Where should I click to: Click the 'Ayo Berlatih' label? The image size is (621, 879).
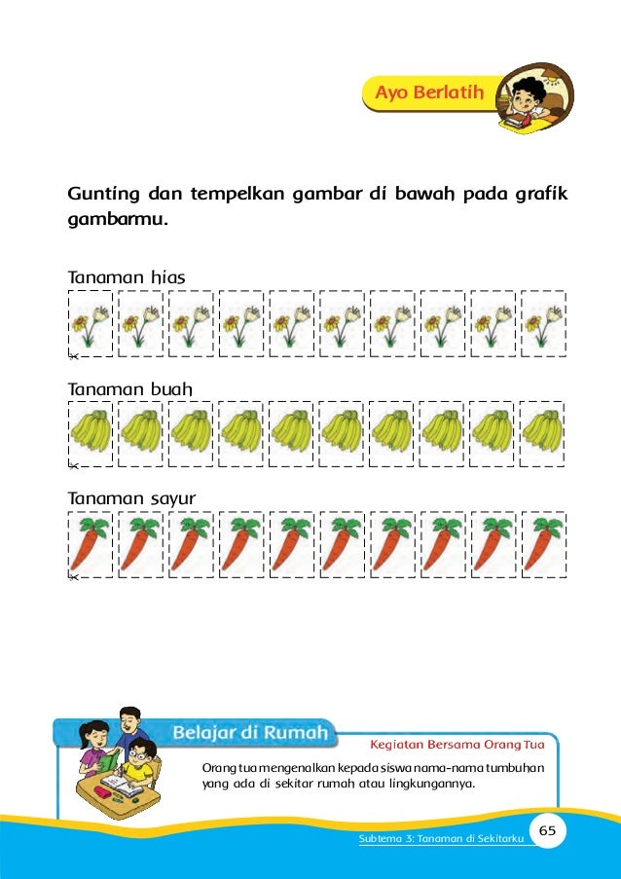434,92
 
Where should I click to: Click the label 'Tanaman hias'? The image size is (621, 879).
126,277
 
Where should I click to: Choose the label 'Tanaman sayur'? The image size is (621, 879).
131,498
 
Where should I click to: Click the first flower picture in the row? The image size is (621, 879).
91,325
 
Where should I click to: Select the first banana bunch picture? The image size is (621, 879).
91,432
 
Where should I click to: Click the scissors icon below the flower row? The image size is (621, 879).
72,357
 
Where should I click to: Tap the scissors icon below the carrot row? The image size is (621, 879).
72,578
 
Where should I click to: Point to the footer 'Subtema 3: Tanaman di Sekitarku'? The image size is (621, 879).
438,839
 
